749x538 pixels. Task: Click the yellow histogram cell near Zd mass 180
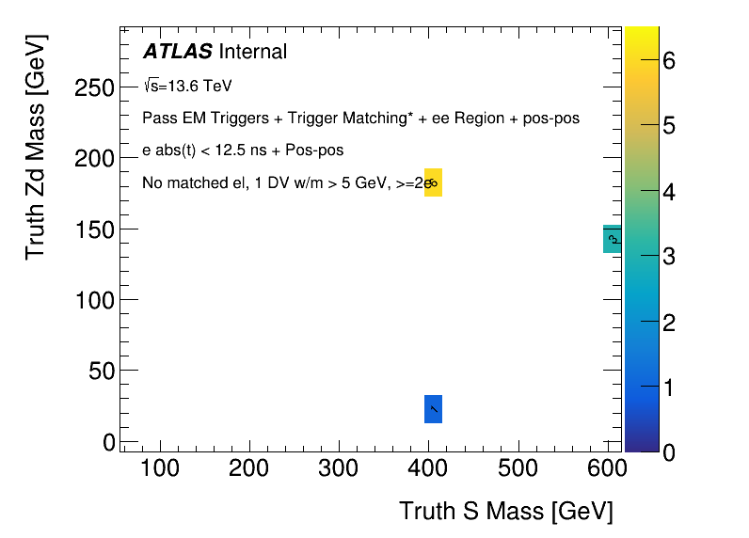point(433,182)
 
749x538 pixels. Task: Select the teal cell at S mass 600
point(612,240)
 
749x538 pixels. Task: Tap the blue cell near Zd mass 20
point(433,409)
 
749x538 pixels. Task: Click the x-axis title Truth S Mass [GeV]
point(506,511)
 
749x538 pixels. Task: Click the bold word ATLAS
point(177,52)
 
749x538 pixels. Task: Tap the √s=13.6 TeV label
point(187,87)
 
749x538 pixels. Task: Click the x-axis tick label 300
point(340,467)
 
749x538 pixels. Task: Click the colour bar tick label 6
point(669,61)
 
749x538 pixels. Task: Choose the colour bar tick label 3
point(669,257)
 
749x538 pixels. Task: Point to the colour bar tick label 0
point(669,452)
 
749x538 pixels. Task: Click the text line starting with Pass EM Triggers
point(360,119)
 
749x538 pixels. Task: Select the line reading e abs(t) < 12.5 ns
point(243,150)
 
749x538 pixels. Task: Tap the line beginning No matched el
point(282,182)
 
